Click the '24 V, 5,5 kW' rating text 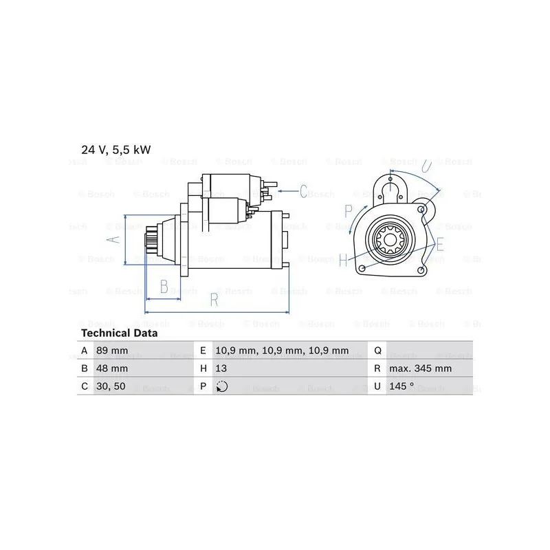[x=115, y=150]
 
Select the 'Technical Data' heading [x=119, y=333]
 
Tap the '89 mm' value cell [x=112, y=351]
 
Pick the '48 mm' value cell [x=112, y=368]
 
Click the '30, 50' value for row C [x=111, y=386]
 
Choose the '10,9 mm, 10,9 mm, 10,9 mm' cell [x=282, y=351]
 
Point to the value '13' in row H [x=221, y=368]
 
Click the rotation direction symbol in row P [x=221, y=386]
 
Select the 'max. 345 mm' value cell [x=420, y=368]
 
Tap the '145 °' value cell [x=401, y=386]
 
